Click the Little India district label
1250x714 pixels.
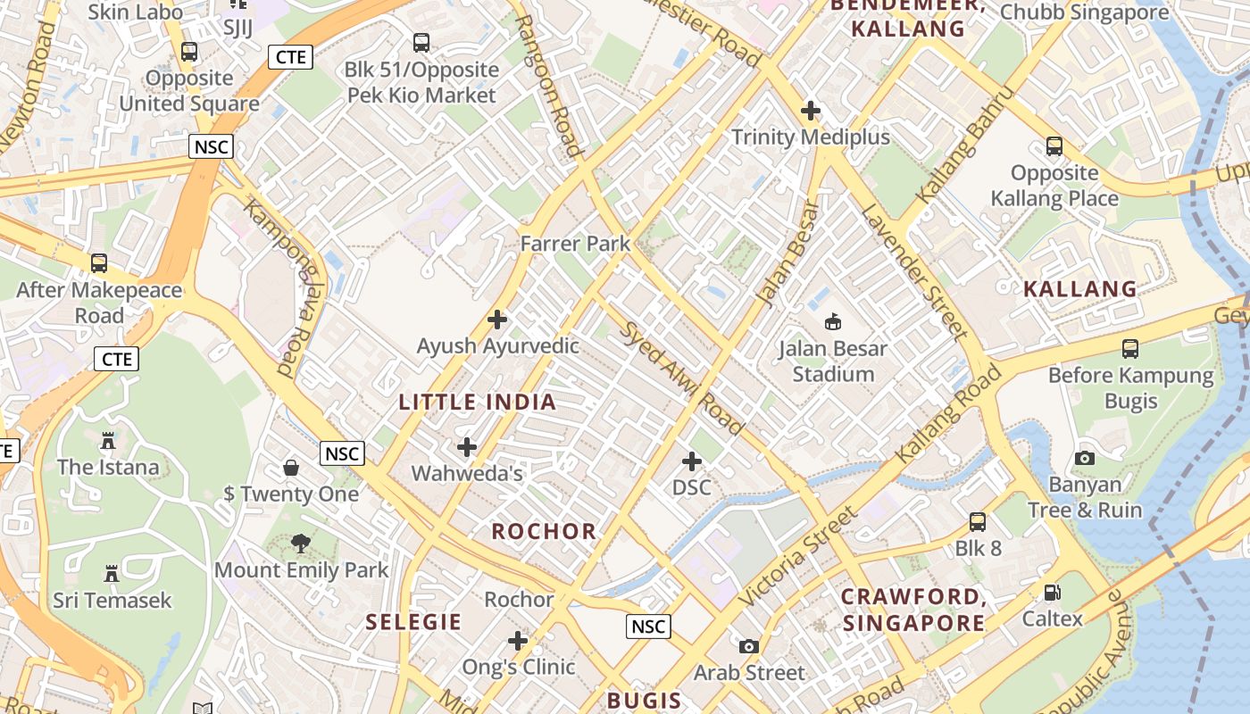coord(478,403)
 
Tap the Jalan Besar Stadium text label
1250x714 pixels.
coord(833,361)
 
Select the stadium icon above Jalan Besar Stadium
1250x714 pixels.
coord(833,321)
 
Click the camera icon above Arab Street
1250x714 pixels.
coord(749,646)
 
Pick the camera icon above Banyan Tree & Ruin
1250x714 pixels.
coord(1085,458)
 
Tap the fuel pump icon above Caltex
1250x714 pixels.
coord(1053,593)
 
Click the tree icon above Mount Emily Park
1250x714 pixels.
coord(301,543)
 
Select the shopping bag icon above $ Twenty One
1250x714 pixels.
coord(291,467)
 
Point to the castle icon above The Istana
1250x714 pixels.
coord(108,440)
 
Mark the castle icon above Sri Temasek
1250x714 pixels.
coord(112,573)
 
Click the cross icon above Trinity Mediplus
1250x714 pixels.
coord(811,112)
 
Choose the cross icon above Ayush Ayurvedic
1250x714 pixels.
coord(497,320)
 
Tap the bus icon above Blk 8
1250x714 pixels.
coord(978,522)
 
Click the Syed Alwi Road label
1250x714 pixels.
coord(683,379)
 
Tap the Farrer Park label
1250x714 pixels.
coord(575,244)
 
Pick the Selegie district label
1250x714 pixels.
coord(413,622)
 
